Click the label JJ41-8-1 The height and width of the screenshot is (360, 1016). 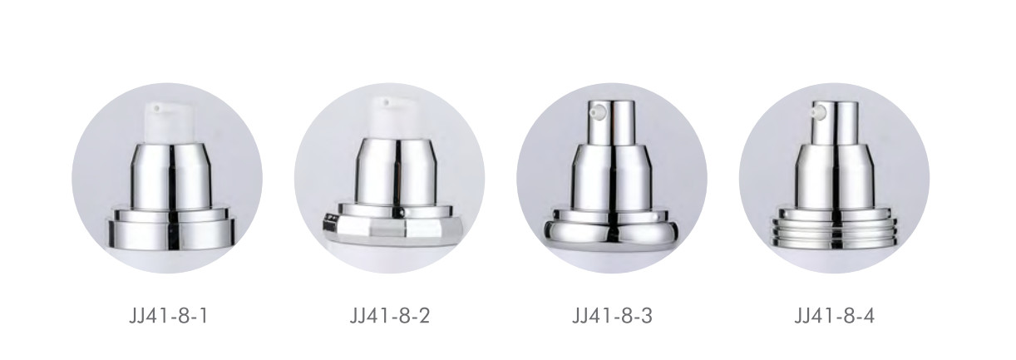tap(168, 316)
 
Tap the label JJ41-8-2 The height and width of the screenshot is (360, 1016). tap(390, 316)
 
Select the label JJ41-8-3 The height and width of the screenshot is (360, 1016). tap(612, 316)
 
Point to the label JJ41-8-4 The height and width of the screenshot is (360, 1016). tap(834, 316)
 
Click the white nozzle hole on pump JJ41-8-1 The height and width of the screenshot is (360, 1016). tap(157, 109)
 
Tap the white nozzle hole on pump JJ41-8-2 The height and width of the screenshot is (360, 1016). tap(386, 103)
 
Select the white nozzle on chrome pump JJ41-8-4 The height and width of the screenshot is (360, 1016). tap(816, 111)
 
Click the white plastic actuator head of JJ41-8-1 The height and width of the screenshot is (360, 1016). tap(167, 122)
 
